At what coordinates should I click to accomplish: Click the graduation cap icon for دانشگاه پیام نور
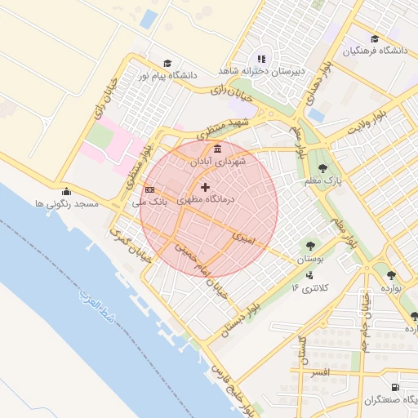167,63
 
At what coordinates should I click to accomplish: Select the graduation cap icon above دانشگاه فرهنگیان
375,39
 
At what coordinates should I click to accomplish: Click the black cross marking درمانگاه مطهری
205,187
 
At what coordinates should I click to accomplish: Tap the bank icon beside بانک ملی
149,189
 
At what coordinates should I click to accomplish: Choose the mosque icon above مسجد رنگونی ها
66,192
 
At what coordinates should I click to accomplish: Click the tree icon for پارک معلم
322,168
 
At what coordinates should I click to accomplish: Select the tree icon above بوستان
309,245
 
